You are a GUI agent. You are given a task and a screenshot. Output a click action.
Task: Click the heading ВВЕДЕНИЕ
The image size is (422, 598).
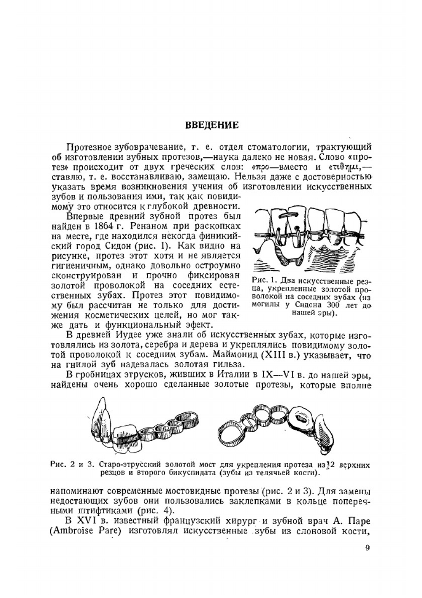pyautogui.click(x=212, y=125)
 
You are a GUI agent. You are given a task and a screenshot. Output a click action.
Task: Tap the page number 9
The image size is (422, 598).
pyautogui.click(x=367, y=548)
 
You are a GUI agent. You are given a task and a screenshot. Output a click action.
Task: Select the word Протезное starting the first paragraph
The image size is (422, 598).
pyautogui.click(x=89, y=147)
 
